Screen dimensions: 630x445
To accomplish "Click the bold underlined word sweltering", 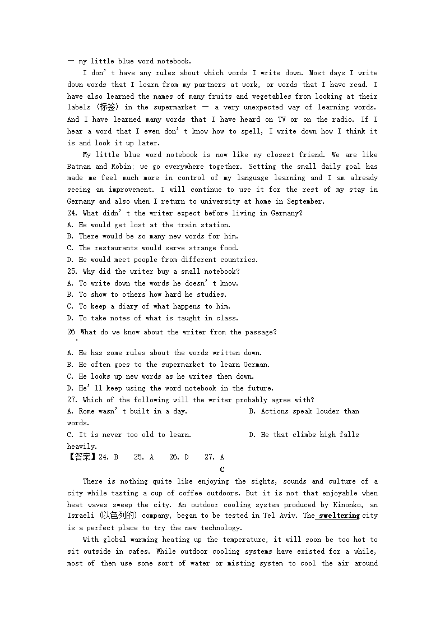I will (x=339, y=516).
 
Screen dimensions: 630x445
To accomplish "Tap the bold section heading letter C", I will (x=222, y=470).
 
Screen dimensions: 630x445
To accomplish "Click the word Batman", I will (x=79, y=167).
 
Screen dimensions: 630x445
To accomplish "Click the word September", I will (x=305, y=201).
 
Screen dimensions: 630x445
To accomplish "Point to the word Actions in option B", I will (x=275, y=411).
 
